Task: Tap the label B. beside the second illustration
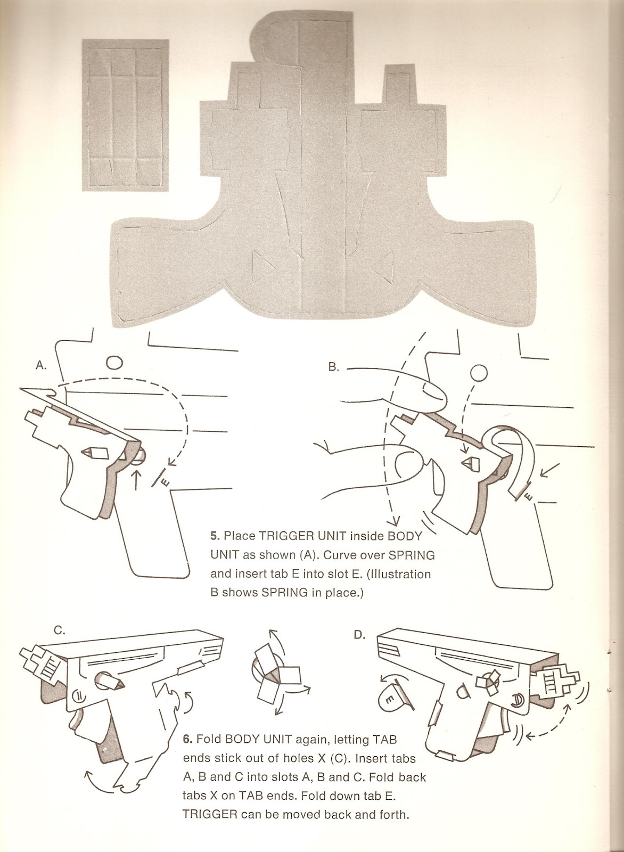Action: [333, 367]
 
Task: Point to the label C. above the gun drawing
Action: [60, 630]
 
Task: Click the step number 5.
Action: [215, 535]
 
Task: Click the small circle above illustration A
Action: [114, 362]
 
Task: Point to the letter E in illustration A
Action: [165, 482]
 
